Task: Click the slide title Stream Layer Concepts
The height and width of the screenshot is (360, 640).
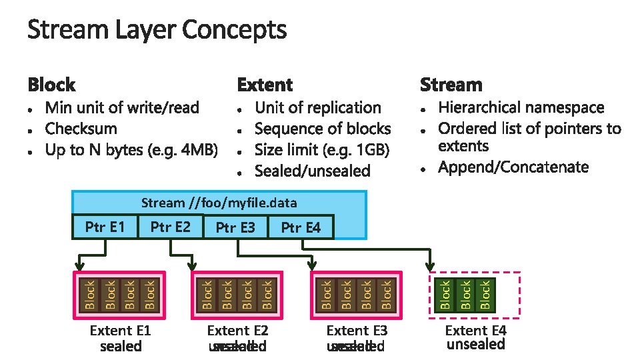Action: pos(157,30)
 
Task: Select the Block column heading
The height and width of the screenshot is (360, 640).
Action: pos(51,85)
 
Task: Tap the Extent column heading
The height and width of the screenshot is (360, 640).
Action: pos(265,85)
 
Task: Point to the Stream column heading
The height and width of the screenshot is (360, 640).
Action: pos(451,85)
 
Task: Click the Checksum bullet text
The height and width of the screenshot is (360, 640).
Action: pos(81,129)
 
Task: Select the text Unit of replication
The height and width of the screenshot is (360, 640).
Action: pos(318,108)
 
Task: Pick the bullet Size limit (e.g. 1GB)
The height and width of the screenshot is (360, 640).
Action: pos(322,149)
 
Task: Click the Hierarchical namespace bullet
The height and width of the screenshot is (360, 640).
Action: pos(521,108)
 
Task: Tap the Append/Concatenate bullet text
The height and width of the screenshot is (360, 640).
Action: pos(513,167)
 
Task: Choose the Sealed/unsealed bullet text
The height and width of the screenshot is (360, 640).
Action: pos(313,171)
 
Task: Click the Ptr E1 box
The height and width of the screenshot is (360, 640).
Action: pos(105,227)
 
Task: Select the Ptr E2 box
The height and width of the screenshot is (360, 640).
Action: pos(171,227)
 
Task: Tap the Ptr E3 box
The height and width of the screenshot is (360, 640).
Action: pos(235,227)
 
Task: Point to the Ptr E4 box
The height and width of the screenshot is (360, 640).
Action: pos(301,227)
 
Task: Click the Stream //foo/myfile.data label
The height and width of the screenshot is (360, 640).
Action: pos(219,203)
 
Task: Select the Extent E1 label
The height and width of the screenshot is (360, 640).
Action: pos(121,331)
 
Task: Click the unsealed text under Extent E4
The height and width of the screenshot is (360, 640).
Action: pos(476,345)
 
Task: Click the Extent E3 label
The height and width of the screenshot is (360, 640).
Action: pos(357,331)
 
